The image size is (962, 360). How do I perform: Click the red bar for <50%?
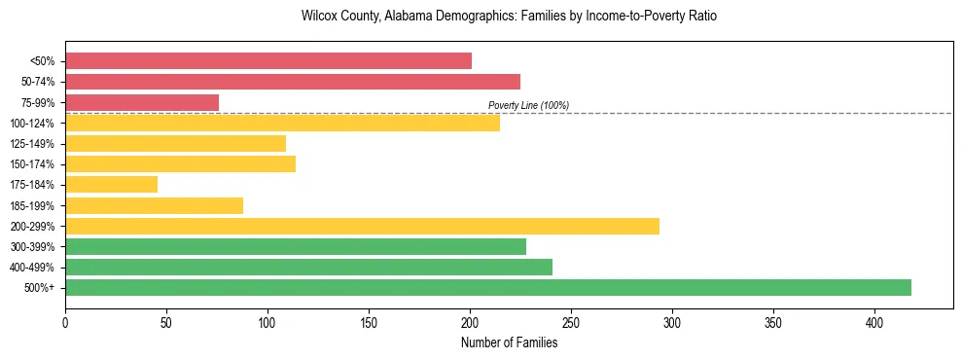coord(268,61)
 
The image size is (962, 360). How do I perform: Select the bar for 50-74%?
coord(293,82)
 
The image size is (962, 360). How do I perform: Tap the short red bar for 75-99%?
coord(142,102)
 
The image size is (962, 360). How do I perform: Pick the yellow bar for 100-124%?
coord(282,123)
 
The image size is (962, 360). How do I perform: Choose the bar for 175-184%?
coord(111,184)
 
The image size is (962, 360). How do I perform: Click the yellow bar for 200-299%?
coord(362,226)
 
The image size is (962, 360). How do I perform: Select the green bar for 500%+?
coord(488,287)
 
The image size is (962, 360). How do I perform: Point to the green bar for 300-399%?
coord(296,246)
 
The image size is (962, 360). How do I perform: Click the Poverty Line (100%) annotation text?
coord(528,105)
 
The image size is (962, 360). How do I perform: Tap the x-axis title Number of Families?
coord(509,343)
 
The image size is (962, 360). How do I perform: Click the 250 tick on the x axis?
coord(571,322)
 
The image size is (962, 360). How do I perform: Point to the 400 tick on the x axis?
coord(874,322)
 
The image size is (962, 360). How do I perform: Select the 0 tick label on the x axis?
coord(65,322)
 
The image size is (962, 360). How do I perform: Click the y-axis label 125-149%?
coord(32,144)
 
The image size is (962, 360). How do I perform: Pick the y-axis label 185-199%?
coord(32,205)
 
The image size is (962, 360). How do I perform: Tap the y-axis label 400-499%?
coord(32,268)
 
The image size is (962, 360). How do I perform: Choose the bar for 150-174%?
coord(180,163)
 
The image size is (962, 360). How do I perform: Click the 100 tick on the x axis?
coord(267,322)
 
